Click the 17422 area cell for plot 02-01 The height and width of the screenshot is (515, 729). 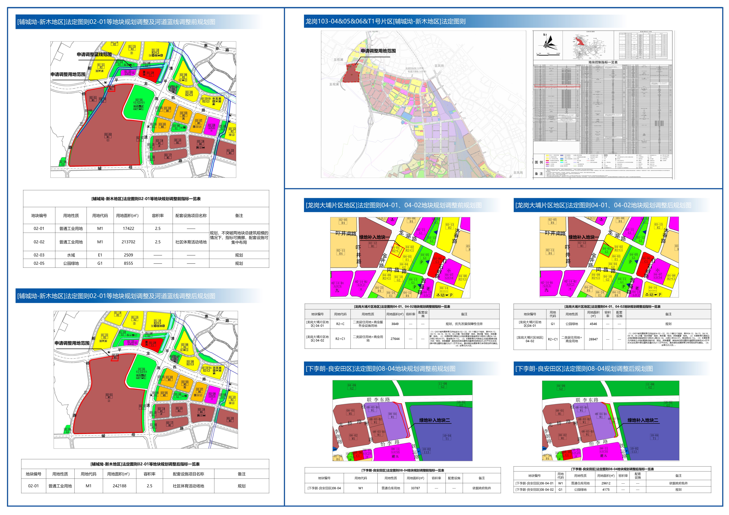[x=128, y=228]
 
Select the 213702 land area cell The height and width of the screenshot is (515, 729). [x=128, y=242]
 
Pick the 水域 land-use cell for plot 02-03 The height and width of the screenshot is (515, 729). [x=71, y=255]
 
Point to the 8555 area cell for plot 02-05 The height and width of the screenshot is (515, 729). [x=128, y=263]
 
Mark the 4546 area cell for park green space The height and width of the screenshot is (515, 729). [x=593, y=324]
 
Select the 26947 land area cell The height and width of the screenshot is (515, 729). [x=593, y=339]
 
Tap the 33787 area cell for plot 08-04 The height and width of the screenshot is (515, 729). [x=415, y=488]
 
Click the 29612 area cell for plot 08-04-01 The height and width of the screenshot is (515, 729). [x=606, y=483]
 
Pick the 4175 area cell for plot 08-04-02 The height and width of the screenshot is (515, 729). [x=606, y=490]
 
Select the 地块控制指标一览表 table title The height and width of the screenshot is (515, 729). [x=603, y=63]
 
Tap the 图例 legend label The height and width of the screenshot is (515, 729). [x=539, y=162]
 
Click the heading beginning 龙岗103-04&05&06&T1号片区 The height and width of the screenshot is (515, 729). [x=385, y=22]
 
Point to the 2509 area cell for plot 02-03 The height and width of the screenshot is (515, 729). [x=128, y=255]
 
